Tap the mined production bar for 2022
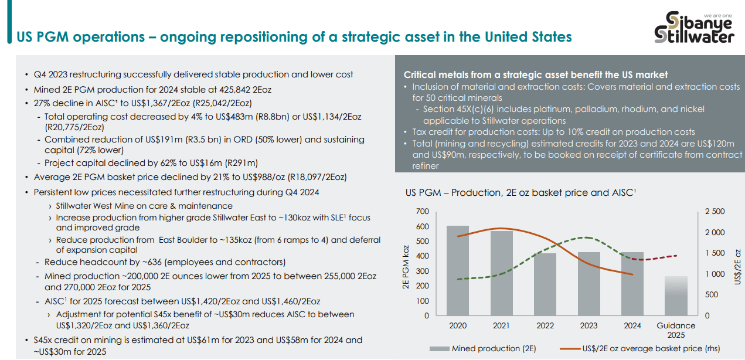pos(545,284)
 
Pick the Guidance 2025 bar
pos(675,296)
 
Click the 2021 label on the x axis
pos(501,325)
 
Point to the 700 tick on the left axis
pos(422,212)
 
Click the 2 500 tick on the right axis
pos(714,212)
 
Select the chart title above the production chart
pos(521,193)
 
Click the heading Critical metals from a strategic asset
pos(536,75)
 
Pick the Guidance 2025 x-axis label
pos(675,330)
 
